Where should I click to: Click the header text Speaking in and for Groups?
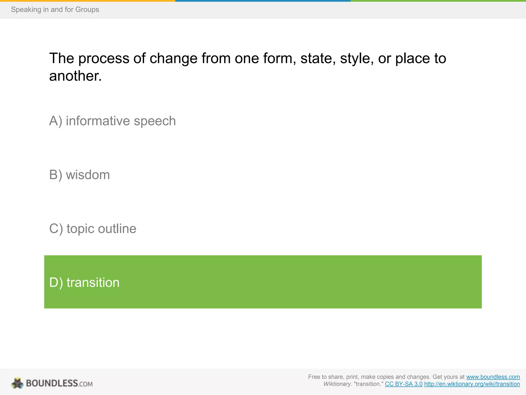55,10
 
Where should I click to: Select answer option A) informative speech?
112,121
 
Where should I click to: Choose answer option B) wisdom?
79,175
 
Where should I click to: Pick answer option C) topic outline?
92,229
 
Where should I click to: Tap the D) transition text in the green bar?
84,282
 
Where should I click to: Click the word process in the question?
104,59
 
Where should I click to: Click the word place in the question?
412,59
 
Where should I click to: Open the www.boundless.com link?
493,377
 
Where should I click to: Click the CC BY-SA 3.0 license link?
403,384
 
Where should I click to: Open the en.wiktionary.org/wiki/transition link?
472,384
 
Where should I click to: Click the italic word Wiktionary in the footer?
337,384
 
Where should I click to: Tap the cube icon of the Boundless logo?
17,383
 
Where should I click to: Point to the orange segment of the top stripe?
87,1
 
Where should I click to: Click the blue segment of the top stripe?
263,1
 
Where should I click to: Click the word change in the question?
174,59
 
